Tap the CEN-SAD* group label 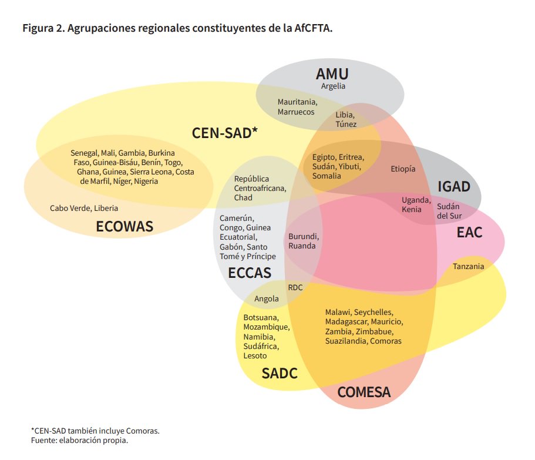click(x=225, y=133)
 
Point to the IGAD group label click(x=454, y=187)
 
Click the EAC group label click(x=469, y=233)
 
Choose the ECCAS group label click(x=250, y=273)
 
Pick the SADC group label click(x=280, y=373)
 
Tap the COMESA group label click(x=364, y=392)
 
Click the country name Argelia click(x=333, y=86)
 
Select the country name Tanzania click(x=469, y=267)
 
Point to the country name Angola click(x=267, y=299)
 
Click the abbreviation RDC click(x=295, y=287)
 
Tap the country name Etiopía click(x=403, y=169)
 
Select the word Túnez click(x=346, y=125)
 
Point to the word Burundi click(x=304, y=237)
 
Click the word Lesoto click(x=255, y=356)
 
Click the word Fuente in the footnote click(x=43, y=440)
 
